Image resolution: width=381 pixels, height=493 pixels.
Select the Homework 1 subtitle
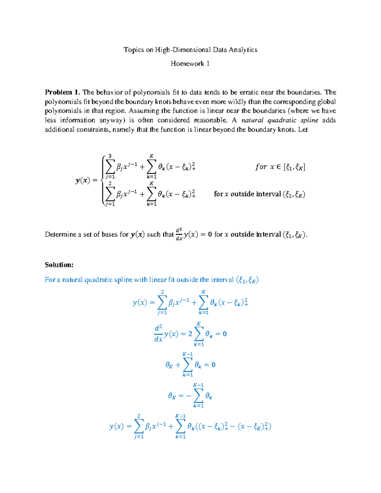tap(190, 64)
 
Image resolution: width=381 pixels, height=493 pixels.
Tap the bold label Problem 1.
tap(62, 92)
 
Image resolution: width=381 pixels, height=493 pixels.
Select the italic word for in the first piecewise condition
tap(261, 167)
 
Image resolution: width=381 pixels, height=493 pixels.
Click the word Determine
tap(60, 235)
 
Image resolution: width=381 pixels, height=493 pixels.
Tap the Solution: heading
tap(59, 265)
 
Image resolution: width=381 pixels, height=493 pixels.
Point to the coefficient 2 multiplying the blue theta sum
tap(190, 334)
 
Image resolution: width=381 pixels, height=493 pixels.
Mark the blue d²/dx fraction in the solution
tap(158, 334)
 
